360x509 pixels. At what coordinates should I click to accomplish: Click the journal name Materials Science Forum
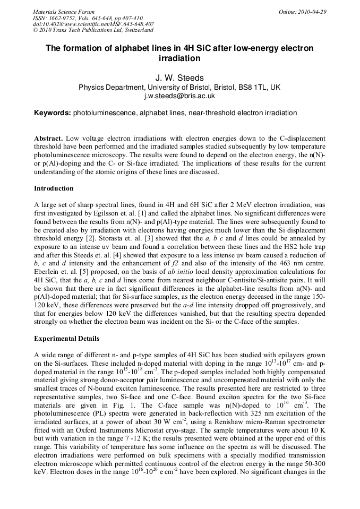coord(64,12)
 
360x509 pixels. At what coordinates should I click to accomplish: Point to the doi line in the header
coord(93,24)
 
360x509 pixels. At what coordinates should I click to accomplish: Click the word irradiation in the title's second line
coord(179,58)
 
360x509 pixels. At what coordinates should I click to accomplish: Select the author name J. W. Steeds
coord(179,78)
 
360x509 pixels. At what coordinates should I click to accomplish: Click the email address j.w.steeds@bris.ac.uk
coord(179,96)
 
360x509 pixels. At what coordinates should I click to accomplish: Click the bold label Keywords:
coord(53,113)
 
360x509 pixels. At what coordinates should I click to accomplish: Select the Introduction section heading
coord(54,188)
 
